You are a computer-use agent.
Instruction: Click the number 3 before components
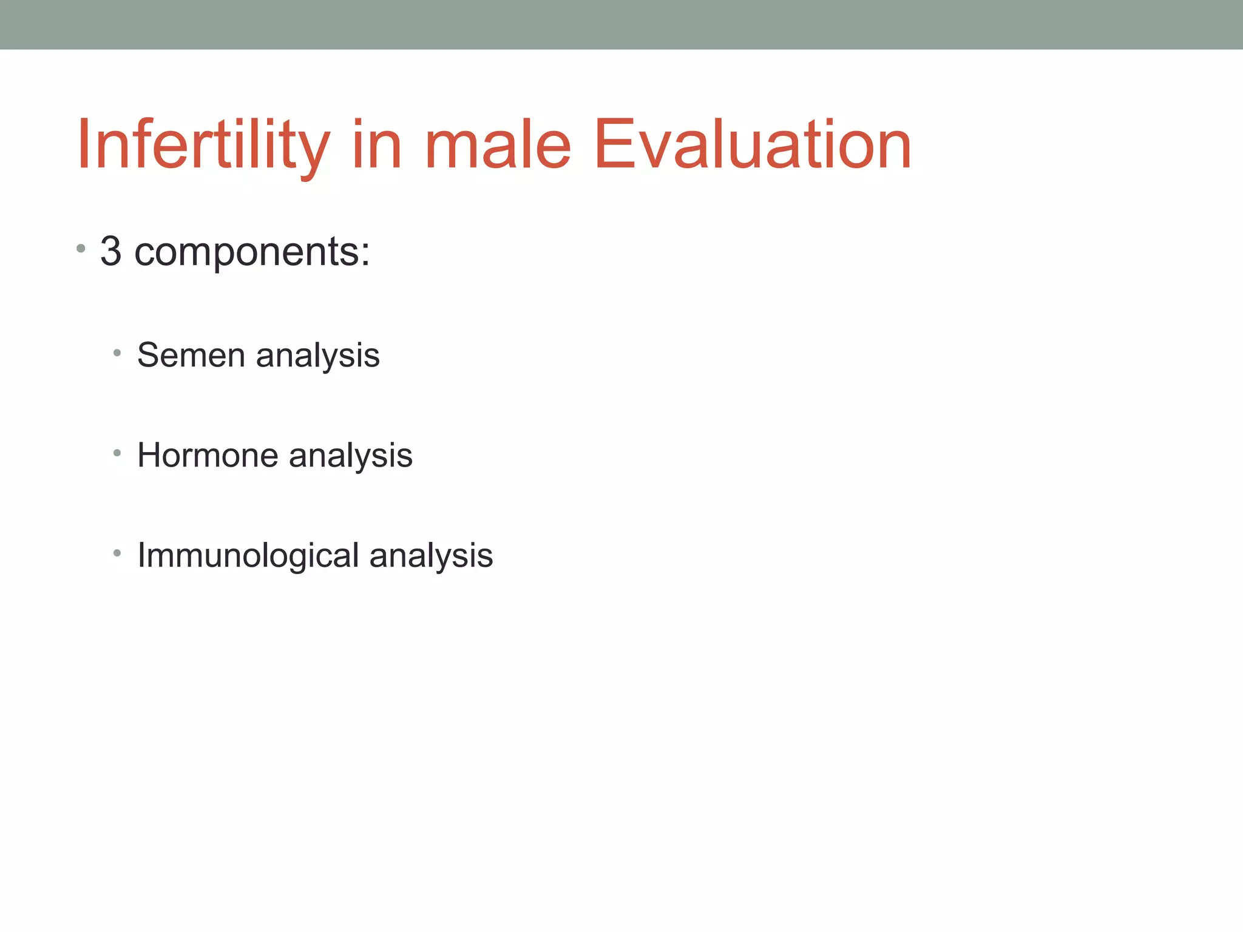[110, 251]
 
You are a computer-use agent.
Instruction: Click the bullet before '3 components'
[81, 249]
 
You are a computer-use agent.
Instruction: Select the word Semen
[191, 355]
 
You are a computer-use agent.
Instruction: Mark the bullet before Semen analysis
[117, 353]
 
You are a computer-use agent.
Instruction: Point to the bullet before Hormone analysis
[117, 453]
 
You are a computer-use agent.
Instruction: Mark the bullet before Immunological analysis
[117, 553]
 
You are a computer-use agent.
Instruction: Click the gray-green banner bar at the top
[621, 24]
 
